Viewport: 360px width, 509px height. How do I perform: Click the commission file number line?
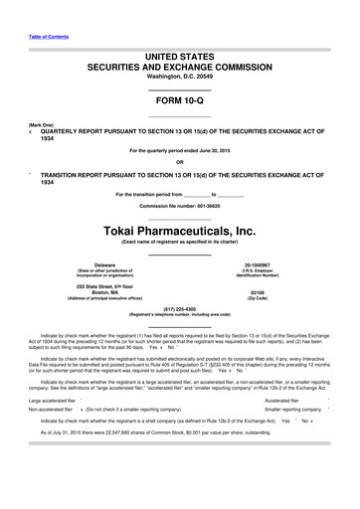[179, 206]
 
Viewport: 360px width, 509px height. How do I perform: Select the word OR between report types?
[179, 162]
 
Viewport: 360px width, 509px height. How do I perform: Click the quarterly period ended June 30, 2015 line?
[179, 151]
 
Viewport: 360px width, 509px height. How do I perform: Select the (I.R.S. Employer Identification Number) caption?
[271, 273]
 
